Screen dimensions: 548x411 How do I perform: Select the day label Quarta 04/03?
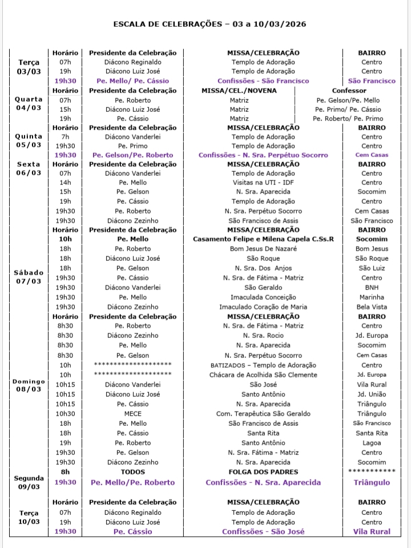tap(29, 103)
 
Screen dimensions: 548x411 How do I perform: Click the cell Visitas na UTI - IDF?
tap(263, 182)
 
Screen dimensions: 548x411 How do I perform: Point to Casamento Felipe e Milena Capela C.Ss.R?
tap(263, 239)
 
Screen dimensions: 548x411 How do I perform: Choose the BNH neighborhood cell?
tap(372, 288)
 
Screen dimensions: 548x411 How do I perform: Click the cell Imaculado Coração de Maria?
tap(263, 307)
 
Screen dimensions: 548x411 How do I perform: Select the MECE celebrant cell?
tap(132, 414)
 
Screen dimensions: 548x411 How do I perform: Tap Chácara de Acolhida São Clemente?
tap(263, 375)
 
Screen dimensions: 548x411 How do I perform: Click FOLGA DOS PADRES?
tap(263, 472)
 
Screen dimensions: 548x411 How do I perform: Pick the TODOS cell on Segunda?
tap(132, 472)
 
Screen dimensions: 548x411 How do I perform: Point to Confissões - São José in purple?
tap(263, 531)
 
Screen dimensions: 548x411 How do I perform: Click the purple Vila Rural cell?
tap(372, 531)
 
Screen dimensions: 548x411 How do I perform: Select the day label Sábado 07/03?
tap(29, 277)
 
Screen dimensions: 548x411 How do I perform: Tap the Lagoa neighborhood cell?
tap(372, 443)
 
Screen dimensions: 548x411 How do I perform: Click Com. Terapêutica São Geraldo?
tap(263, 414)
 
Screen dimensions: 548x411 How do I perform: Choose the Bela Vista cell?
tap(372, 307)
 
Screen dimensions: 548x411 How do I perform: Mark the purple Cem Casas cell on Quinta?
tap(372, 155)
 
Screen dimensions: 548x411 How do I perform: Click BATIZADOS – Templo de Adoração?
tap(263, 365)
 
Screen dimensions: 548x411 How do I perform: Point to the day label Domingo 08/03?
tap(29, 385)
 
